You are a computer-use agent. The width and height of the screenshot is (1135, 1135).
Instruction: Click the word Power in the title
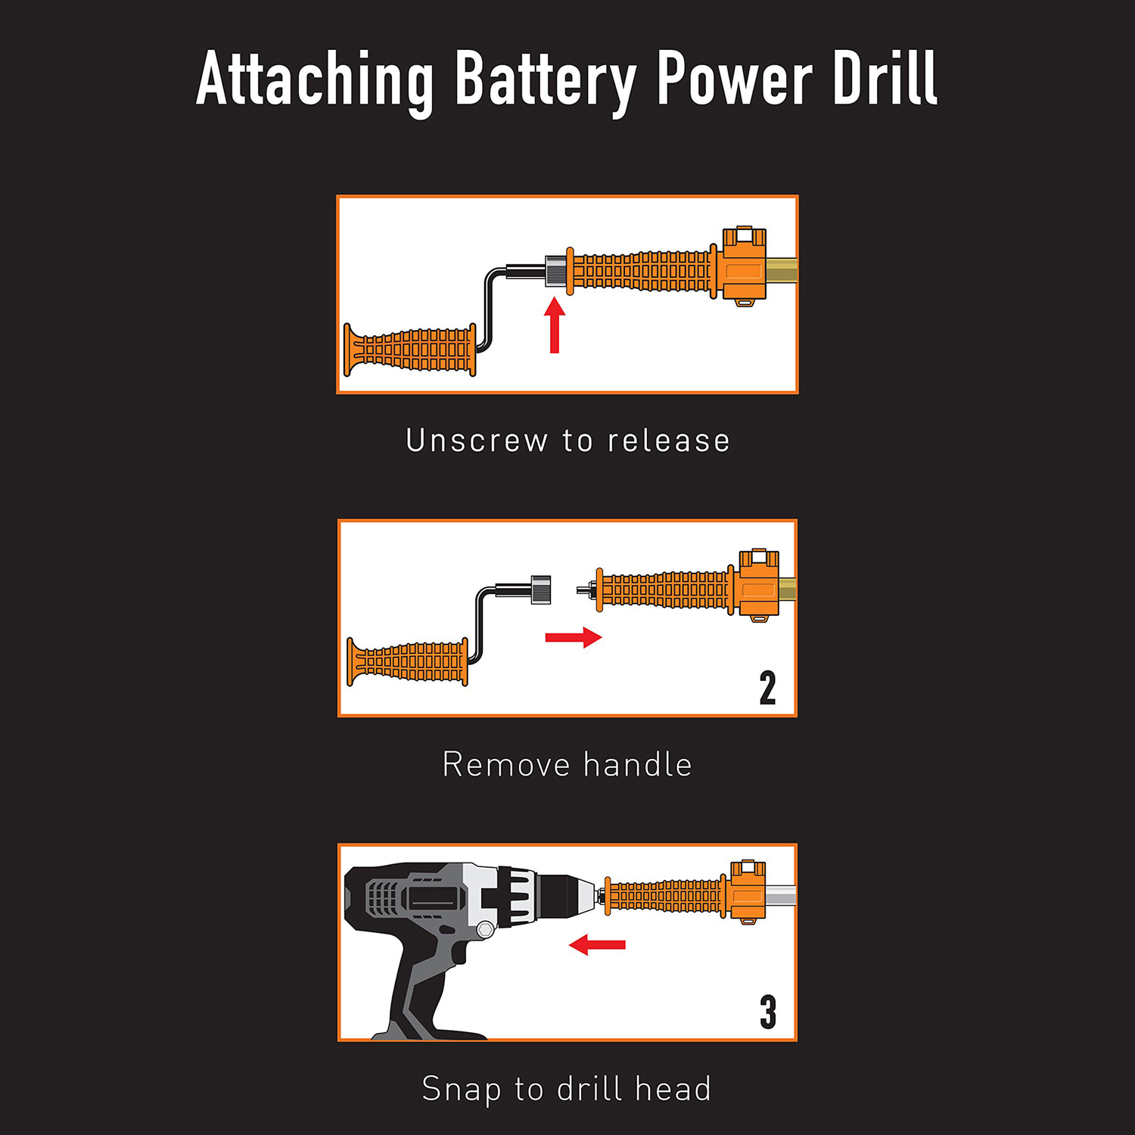coord(734,79)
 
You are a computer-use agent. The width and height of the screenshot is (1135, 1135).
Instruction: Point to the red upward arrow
coord(555,325)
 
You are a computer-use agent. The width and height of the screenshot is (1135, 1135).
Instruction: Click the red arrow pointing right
coord(574,637)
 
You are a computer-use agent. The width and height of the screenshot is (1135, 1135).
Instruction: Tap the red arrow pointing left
coord(597,944)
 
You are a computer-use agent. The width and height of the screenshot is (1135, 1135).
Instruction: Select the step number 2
coord(767,688)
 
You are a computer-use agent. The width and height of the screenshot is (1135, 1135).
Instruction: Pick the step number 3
coord(768,1012)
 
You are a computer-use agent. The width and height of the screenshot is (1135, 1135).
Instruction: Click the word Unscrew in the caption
coord(477,440)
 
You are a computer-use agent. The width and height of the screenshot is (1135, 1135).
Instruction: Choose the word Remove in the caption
coord(506,764)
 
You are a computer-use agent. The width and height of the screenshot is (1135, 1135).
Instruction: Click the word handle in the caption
coord(638,764)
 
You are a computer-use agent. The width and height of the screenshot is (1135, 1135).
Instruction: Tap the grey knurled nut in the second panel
coord(540,589)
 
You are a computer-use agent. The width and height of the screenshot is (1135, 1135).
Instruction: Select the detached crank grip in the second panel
coord(407,662)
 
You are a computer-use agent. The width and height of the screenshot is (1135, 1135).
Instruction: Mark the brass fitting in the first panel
coord(782,269)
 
